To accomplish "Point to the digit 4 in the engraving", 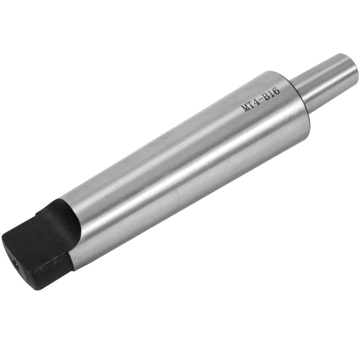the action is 257,101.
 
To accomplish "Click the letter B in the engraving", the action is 267,96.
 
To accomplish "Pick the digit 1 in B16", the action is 272,93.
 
